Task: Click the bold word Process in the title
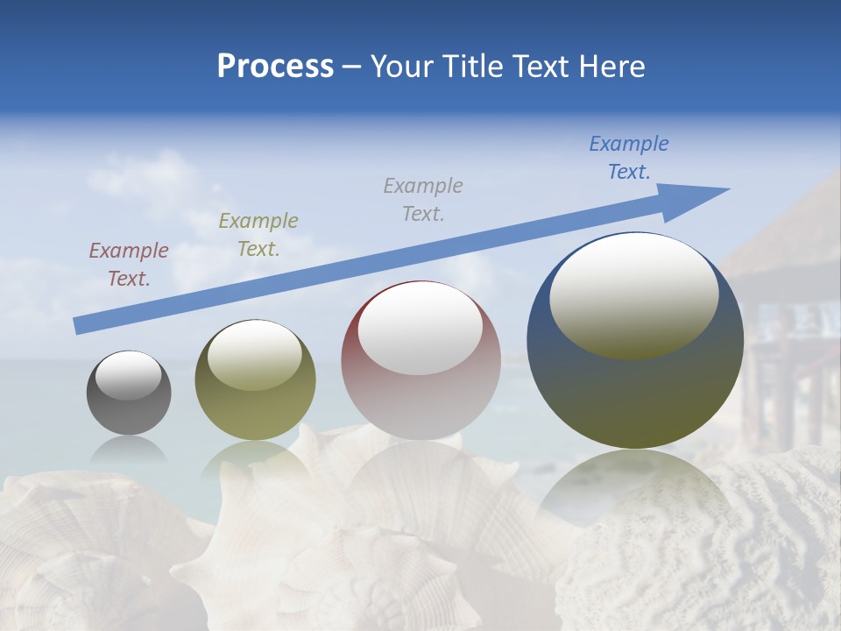point(275,67)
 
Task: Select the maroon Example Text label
point(129,264)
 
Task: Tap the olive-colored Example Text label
point(258,234)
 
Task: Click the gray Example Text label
point(423,199)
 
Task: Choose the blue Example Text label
point(629,158)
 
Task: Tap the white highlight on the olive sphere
point(255,355)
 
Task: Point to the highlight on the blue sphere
point(634,295)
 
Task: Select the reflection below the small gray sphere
point(129,449)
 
